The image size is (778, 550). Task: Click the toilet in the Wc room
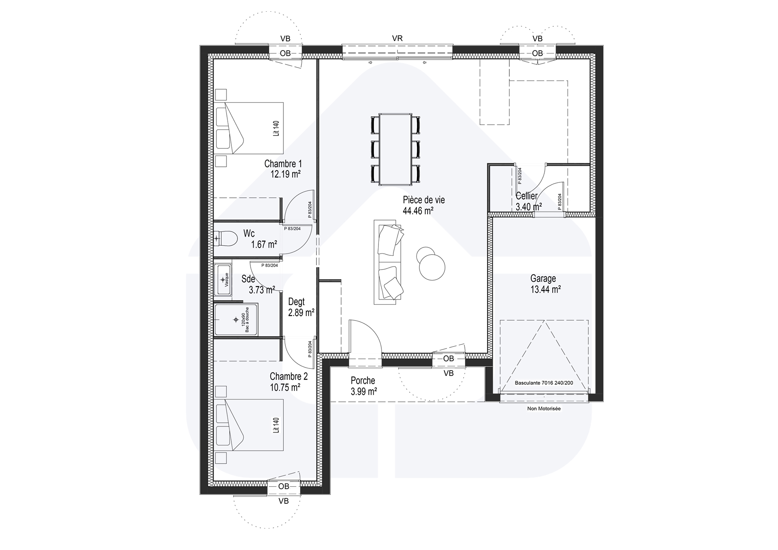(x=225, y=239)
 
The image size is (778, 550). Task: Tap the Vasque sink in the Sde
(x=223, y=280)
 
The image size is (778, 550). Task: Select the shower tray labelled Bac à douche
(x=236, y=320)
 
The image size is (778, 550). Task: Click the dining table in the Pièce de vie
(x=395, y=150)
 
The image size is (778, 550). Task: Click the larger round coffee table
(x=432, y=267)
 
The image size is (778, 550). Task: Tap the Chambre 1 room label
(x=283, y=164)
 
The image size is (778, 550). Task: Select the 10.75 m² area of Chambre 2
(x=285, y=387)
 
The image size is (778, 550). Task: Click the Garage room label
(x=543, y=278)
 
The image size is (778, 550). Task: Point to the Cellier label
(x=526, y=196)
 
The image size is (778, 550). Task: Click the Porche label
(x=363, y=381)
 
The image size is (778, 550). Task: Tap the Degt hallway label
(x=296, y=302)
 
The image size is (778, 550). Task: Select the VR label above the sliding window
(x=397, y=39)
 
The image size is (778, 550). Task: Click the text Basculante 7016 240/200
(x=544, y=383)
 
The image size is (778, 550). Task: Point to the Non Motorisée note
(x=544, y=409)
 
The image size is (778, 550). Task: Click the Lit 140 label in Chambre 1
(x=276, y=128)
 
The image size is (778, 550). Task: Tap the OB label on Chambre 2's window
(x=284, y=486)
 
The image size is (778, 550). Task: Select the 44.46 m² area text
(x=418, y=211)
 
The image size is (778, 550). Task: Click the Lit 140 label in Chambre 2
(x=276, y=425)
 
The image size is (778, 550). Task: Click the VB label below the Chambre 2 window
(x=284, y=501)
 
